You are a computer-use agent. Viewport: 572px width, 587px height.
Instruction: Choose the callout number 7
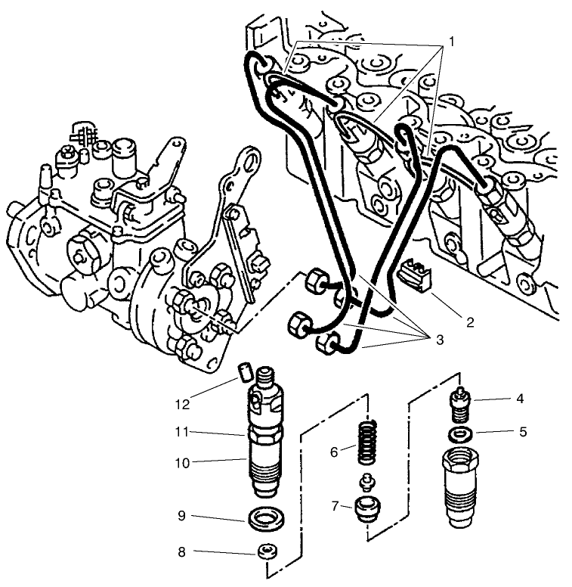coord(335,505)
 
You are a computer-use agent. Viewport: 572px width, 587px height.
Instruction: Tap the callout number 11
coord(181,432)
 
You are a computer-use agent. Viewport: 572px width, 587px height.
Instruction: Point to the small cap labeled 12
coord(243,371)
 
